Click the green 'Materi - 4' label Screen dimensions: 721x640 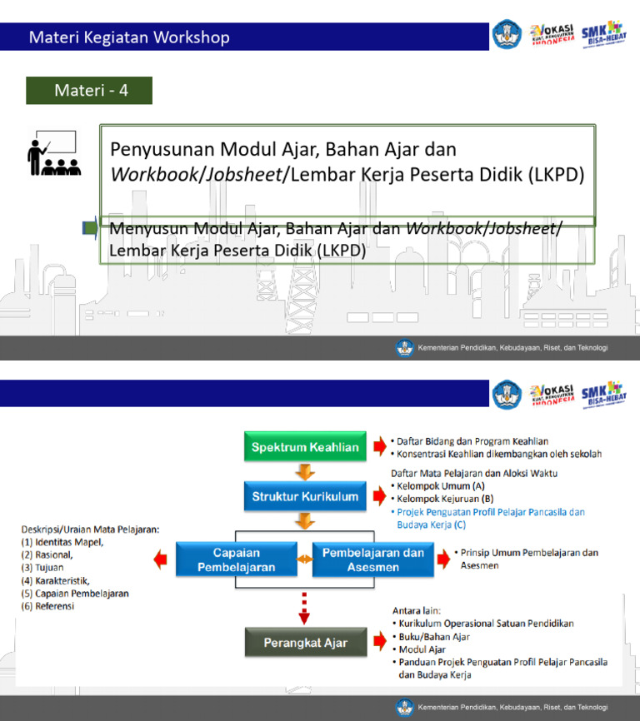pyautogui.click(x=89, y=91)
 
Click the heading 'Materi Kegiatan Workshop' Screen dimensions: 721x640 pyautogui.click(x=129, y=37)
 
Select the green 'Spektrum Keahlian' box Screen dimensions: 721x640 pyautogui.click(x=305, y=447)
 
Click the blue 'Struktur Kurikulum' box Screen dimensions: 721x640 pyautogui.click(x=305, y=497)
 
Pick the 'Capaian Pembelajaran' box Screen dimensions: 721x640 pyautogui.click(x=237, y=559)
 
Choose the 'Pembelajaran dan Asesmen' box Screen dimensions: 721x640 pyautogui.click(x=373, y=559)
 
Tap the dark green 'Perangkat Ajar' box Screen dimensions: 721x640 pyautogui.click(x=305, y=643)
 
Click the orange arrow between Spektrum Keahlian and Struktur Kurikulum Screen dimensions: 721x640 pyautogui.click(x=305, y=472)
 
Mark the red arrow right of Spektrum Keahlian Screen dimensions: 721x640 pyautogui.click(x=379, y=447)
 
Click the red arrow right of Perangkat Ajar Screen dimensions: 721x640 pyautogui.click(x=379, y=643)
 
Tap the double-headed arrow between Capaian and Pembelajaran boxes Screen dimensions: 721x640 pyautogui.click(x=305, y=559)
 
